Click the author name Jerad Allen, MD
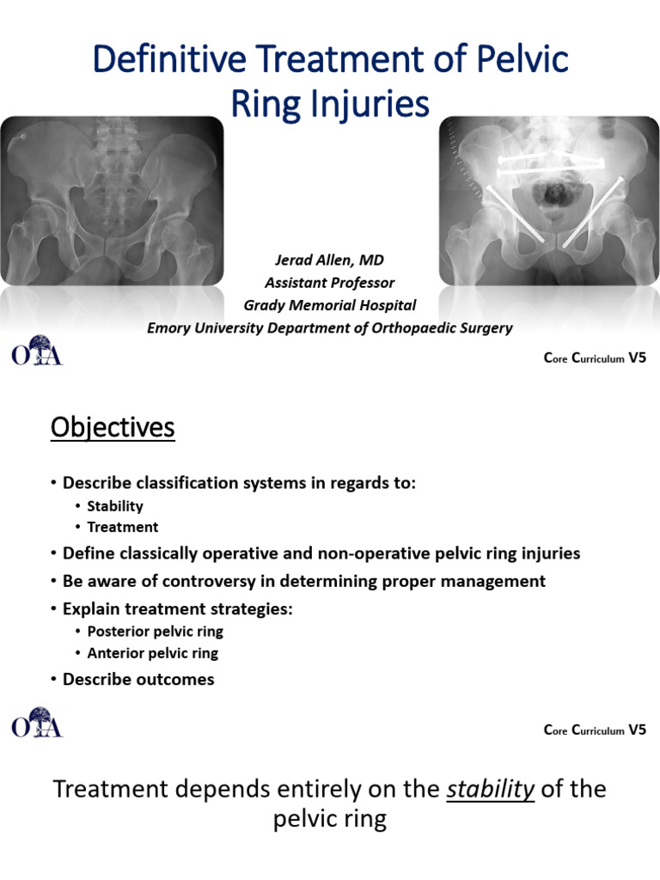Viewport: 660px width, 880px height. pos(330,260)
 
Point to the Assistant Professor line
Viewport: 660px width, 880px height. pos(330,283)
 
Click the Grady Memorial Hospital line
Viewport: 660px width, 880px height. pos(330,305)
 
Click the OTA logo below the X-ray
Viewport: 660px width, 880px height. pos(37,353)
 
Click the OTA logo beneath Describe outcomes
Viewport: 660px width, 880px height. pos(37,723)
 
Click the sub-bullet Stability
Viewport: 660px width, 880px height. pos(115,506)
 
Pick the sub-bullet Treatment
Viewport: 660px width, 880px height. pos(123,527)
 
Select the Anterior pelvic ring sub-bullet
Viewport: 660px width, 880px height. pos(153,653)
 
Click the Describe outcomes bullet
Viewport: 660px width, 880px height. pos(138,680)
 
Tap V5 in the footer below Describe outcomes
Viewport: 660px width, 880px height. pos(637,730)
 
